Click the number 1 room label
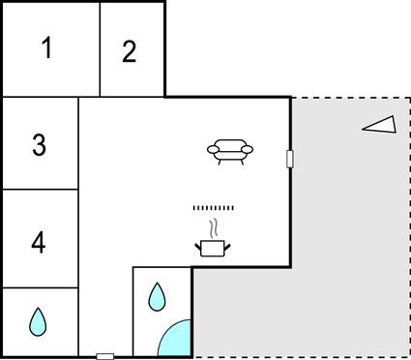point(45,49)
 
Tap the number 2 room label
point(130,52)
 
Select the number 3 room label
point(39,145)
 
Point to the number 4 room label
point(39,242)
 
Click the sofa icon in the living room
point(230,150)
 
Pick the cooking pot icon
point(213,248)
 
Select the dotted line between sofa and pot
point(214,208)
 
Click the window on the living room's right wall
point(290,159)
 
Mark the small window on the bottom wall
point(105,356)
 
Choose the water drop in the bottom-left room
point(38,320)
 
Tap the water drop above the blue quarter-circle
point(157,295)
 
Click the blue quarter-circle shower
point(177,340)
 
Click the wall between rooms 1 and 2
point(101,49)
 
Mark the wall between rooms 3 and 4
point(39,190)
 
